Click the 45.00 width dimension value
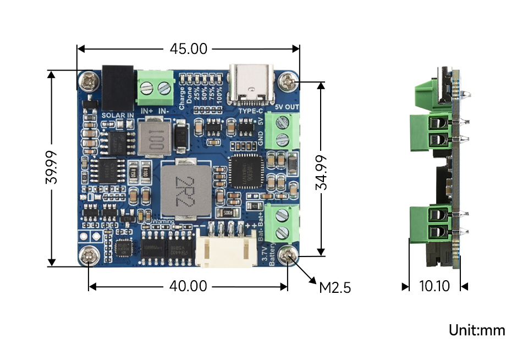[188, 49]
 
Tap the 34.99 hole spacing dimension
[321, 172]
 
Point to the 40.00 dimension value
[188, 286]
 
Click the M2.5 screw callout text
[334, 287]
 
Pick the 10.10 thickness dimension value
[435, 286]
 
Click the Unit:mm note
[477, 330]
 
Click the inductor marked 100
[152, 139]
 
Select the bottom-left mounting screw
[90, 255]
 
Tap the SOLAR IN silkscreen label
[118, 115]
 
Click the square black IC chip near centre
[244, 172]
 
